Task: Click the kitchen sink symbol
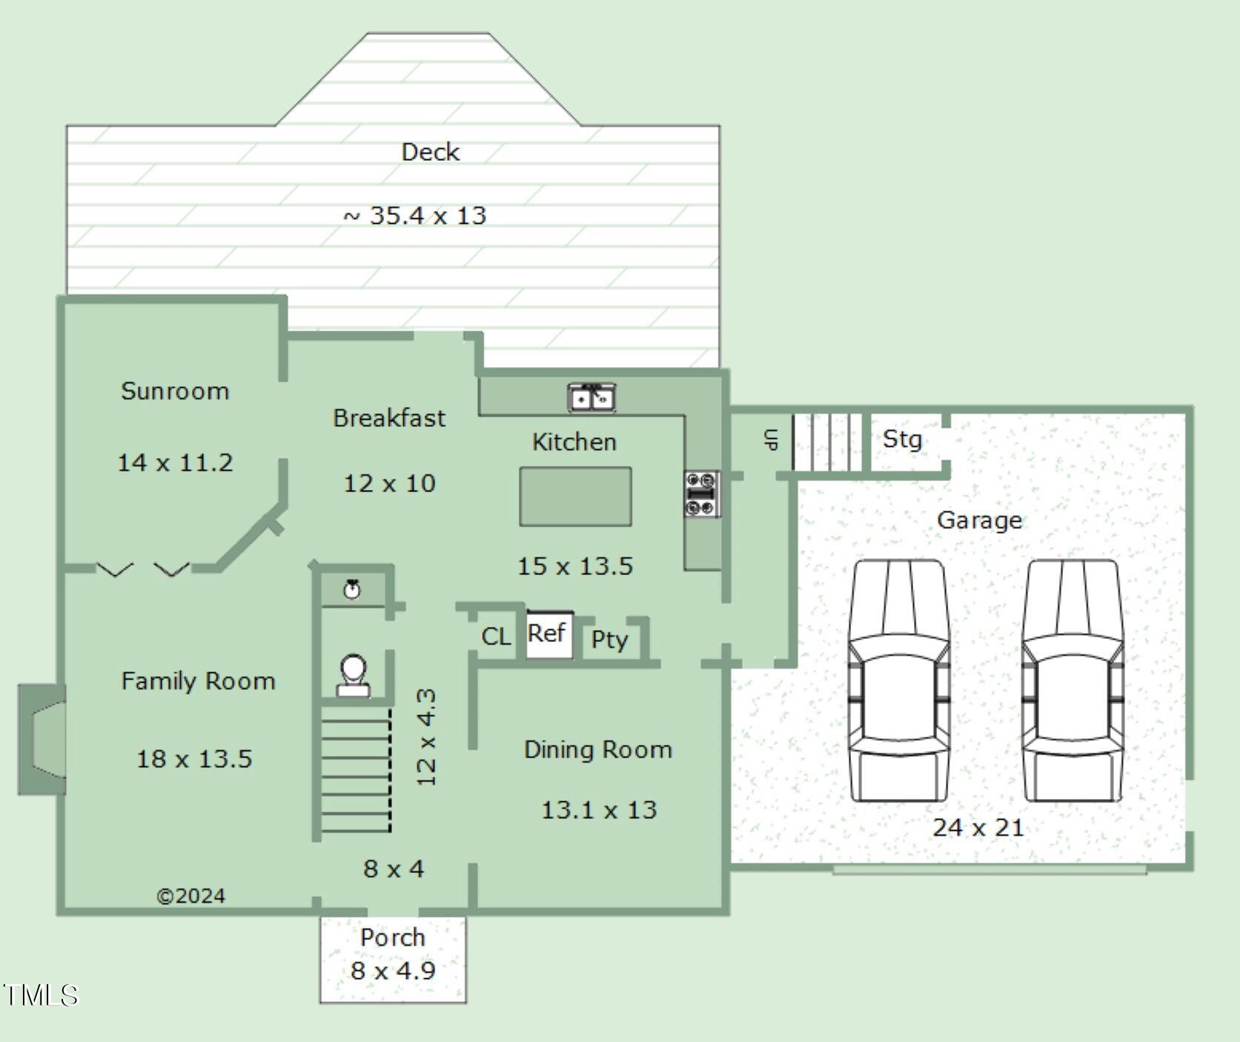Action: point(591,398)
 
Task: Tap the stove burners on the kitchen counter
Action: point(701,494)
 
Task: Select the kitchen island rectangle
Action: point(576,497)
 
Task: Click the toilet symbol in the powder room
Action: point(354,675)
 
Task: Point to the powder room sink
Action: point(352,589)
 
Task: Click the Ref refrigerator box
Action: point(549,634)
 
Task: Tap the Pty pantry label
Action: point(609,640)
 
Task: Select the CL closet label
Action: point(496,637)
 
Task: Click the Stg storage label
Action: point(902,439)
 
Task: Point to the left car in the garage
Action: point(898,680)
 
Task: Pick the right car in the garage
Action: point(1072,680)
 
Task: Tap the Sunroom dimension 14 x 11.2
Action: point(175,462)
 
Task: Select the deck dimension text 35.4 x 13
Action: point(428,216)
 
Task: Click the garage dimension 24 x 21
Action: point(978,827)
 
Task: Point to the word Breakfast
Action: point(389,418)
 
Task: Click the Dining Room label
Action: point(598,749)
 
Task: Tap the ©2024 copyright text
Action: point(190,896)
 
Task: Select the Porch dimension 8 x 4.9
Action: point(393,970)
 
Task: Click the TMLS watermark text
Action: point(40,995)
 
